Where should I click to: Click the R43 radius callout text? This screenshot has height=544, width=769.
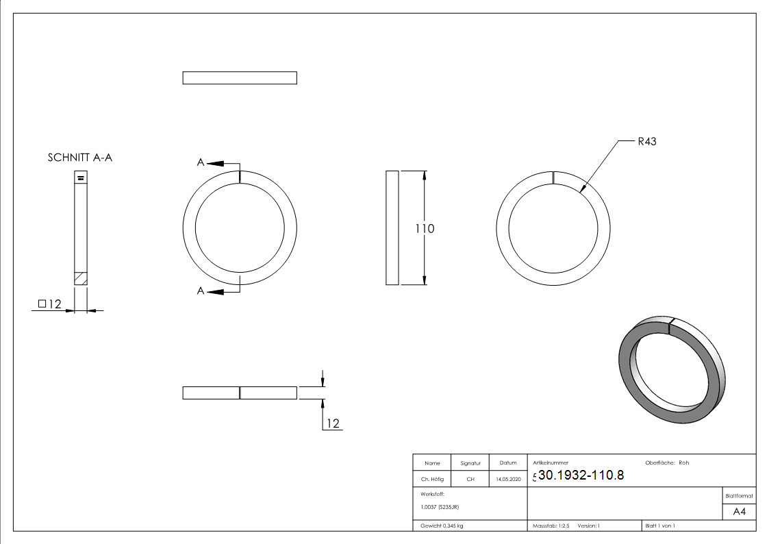[646, 142]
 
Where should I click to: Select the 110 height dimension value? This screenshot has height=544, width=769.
[425, 228]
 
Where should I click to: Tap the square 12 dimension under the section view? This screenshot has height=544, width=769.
[50, 304]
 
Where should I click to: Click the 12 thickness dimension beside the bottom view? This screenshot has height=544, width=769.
[333, 423]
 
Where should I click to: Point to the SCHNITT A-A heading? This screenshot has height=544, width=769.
[79, 158]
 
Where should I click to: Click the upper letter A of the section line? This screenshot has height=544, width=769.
[201, 162]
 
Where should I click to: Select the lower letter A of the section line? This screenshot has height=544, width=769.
[201, 291]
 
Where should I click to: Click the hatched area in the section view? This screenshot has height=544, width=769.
[81, 278]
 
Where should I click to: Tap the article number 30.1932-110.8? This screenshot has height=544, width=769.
[581, 475]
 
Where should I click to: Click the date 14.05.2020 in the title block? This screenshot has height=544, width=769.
[508, 480]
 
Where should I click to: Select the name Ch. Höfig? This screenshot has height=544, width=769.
[431, 480]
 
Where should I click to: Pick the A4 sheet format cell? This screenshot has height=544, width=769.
[740, 512]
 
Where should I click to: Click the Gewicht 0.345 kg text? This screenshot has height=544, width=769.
[442, 526]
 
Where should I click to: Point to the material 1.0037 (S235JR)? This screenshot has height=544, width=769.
[440, 507]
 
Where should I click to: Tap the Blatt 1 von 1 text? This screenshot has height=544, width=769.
[660, 526]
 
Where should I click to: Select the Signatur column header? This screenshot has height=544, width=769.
[470, 463]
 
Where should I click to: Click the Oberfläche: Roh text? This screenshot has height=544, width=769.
[667, 462]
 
